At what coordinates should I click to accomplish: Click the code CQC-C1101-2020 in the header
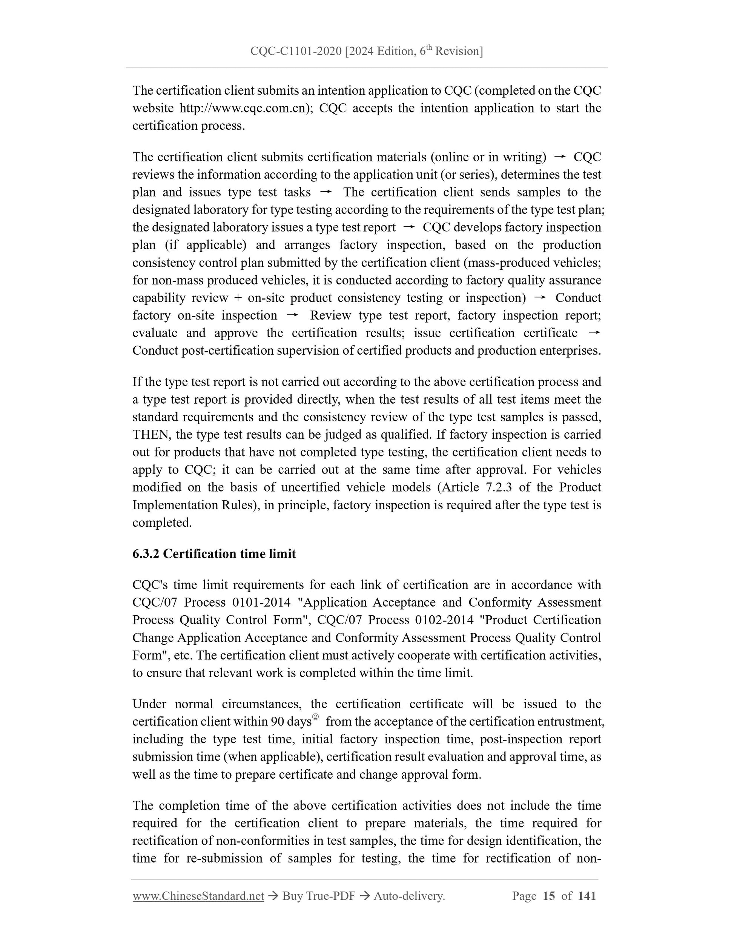coord(296,52)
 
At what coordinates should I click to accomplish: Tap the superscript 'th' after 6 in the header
coord(429,48)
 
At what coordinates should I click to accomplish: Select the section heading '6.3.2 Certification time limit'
coord(214,554)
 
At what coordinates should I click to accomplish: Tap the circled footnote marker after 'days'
coord(316,717)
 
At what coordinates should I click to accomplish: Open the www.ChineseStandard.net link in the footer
coord(198,896)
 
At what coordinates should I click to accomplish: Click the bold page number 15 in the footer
coord(549,896)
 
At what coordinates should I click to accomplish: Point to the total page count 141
coord(587,896)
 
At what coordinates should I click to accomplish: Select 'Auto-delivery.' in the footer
coord(409,896)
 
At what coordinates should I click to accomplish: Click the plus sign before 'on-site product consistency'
coord(238,298)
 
